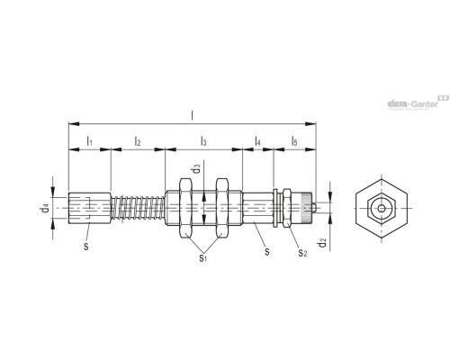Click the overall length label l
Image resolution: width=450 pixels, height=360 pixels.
(193, 115)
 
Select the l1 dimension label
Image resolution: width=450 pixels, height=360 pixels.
(89, 140)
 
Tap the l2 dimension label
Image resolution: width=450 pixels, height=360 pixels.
(138, 140)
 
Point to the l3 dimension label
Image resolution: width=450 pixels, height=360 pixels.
(203, 140)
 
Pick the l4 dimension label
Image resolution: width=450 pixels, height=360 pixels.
(257, 140)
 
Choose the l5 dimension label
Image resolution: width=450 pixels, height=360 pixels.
(294, 140)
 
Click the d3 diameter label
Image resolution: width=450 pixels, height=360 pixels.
(196, 168)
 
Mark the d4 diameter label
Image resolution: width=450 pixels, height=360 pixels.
(45, 208)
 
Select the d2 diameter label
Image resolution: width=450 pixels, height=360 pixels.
(322, 242)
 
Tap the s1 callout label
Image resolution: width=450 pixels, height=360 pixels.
(203, 257)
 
